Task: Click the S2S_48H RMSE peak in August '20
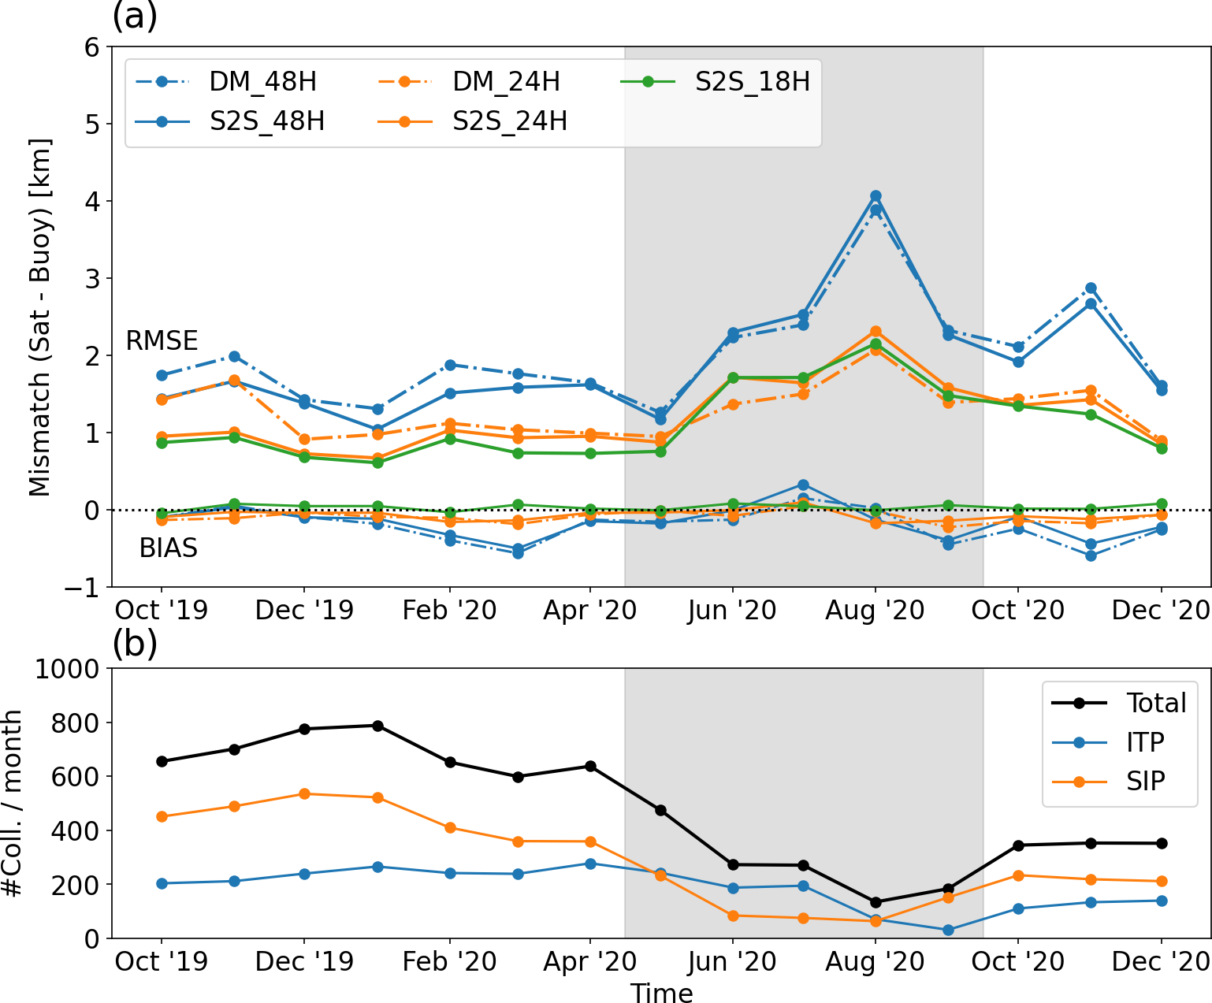click(875, 195)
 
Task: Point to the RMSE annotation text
click(162, 340)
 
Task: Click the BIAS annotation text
click(168, 548)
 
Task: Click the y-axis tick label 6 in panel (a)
click(92, 47)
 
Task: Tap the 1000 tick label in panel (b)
click(67, 669)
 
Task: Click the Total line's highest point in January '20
click(377, 726)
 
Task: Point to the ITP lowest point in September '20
click(947, 930)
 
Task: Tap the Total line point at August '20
click(875, 902)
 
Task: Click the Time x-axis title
click(661, 993)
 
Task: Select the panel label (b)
click(135, 644)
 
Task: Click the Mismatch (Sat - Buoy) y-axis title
click(39, 317)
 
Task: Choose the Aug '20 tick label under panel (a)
click(875, 611)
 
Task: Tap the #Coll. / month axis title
click(13, 804)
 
